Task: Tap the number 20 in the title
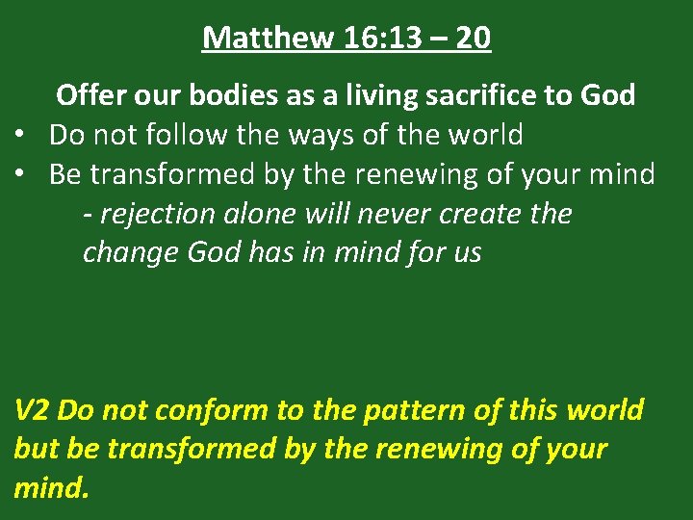[473, 38]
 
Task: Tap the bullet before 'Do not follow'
[19, 136]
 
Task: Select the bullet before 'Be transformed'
[19, 175]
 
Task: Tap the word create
[471, 214]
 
